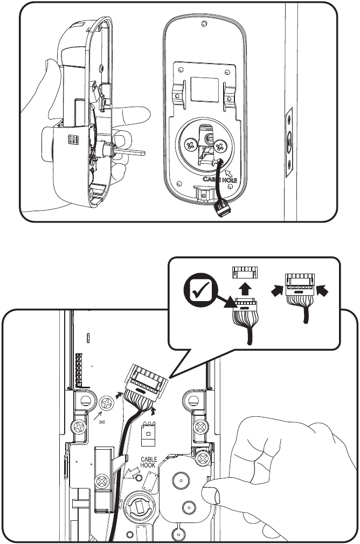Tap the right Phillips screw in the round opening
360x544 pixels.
coord(220,145)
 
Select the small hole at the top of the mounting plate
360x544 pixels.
coord(203,24)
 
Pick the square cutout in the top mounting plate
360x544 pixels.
coord(203,87)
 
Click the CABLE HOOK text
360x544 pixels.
coord(149,463)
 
